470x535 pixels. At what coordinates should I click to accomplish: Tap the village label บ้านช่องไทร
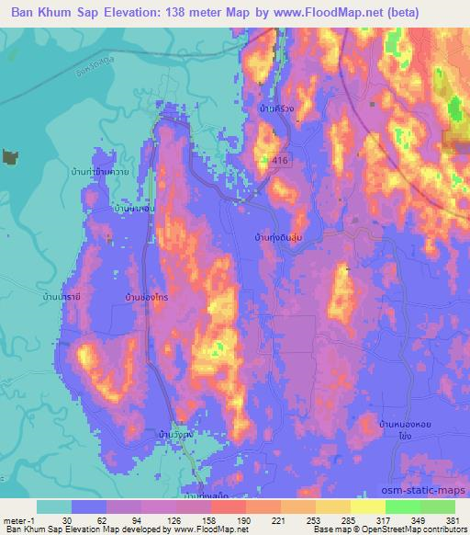[x=144, y=299]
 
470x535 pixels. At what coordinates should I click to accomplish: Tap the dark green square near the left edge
[x=10, y=157]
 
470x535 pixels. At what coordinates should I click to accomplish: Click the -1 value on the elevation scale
[x=37, y=520]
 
